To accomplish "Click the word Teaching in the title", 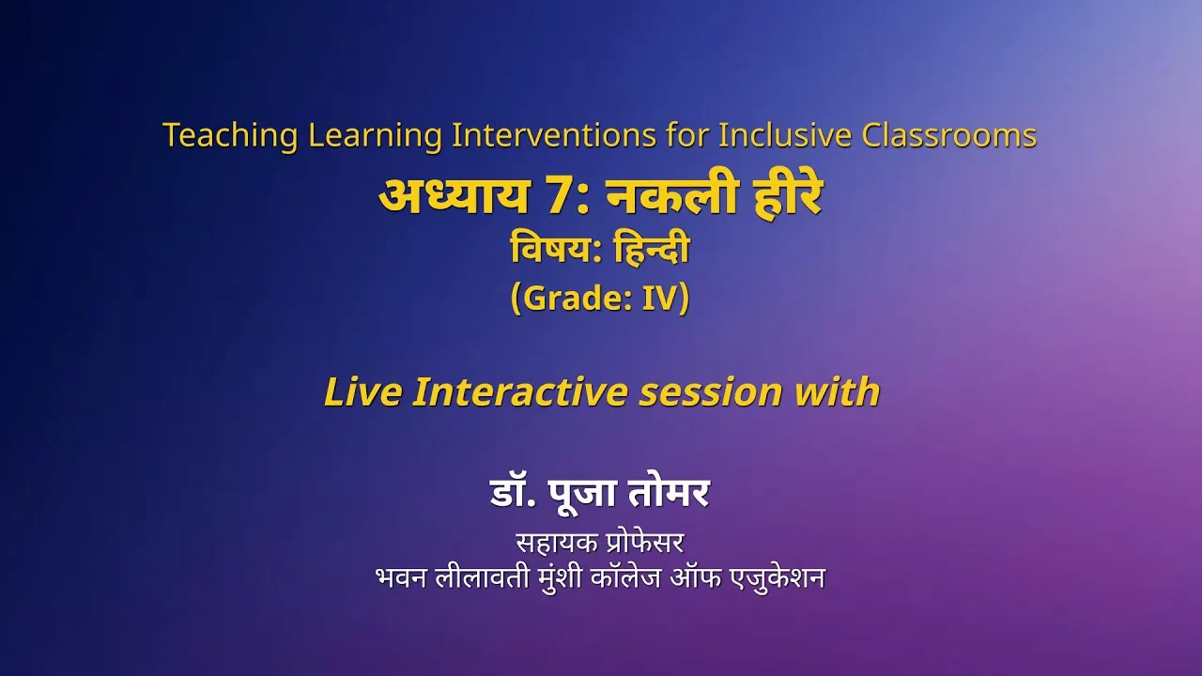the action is click(x=230, y=136).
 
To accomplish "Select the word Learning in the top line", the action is click(x=375, y=136).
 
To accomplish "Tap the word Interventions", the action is click(x=554, y=134).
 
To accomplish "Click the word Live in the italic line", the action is click(x=362, y=392).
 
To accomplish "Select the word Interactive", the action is click(x=519, y=392).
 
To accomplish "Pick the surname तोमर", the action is click(x=669, y=492).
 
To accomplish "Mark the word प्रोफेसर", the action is click(x=641, y=543).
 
